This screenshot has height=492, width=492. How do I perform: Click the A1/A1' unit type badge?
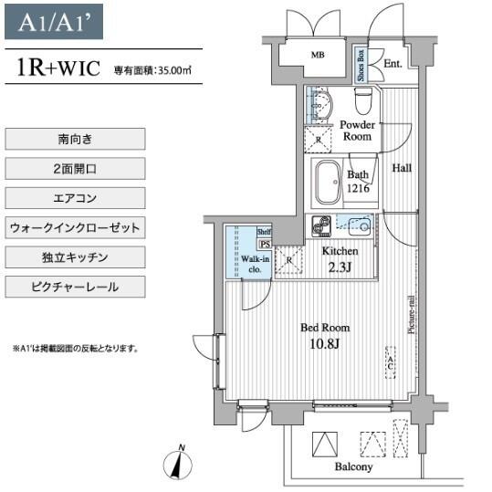(54, 22)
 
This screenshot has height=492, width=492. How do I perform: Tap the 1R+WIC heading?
(58, 68)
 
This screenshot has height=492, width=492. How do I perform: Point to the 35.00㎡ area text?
(174, 70)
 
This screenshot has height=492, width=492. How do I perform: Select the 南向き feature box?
(75, 139)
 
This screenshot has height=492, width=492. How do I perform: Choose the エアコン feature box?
(75, 198)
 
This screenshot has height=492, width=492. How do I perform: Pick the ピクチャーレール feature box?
(75, 287)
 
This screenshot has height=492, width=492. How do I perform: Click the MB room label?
(318, 55)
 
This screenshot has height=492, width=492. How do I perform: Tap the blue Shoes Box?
(361, 66)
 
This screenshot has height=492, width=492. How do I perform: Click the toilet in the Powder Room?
(363, 100)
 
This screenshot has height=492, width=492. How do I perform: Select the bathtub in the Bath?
(328, 183)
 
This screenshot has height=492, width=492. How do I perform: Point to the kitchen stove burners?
(321, 226)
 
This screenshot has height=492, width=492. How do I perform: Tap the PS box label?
(265, 244)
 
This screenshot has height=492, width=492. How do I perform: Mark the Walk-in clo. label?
(255, 264)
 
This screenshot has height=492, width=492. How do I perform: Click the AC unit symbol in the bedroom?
(391, 362)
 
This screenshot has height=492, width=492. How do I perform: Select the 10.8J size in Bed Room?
(324, 344)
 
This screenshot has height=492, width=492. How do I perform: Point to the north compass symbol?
(178, 464)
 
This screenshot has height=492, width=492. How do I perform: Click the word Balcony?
(353, 466)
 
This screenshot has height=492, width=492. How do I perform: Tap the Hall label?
(402, 168)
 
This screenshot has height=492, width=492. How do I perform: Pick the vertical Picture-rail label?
(412, 314)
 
